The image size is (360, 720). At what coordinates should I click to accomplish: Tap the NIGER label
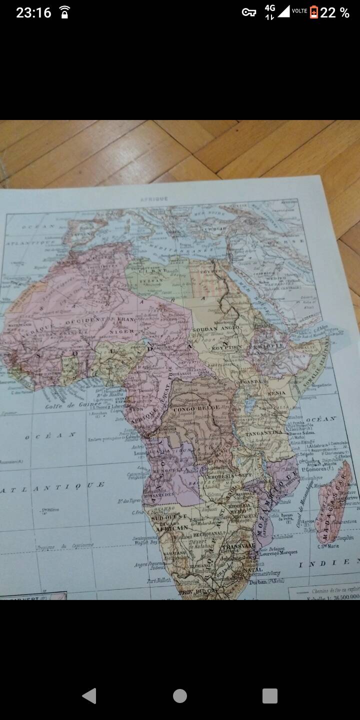tap(121, 331)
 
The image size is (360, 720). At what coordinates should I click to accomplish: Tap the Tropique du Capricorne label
tap(65, 546)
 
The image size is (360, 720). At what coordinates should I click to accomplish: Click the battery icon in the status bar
tap(314, 12)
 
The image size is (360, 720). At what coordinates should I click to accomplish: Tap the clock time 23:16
tap(33, 12)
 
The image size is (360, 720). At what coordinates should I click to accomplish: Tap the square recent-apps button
tap(269, 695)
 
